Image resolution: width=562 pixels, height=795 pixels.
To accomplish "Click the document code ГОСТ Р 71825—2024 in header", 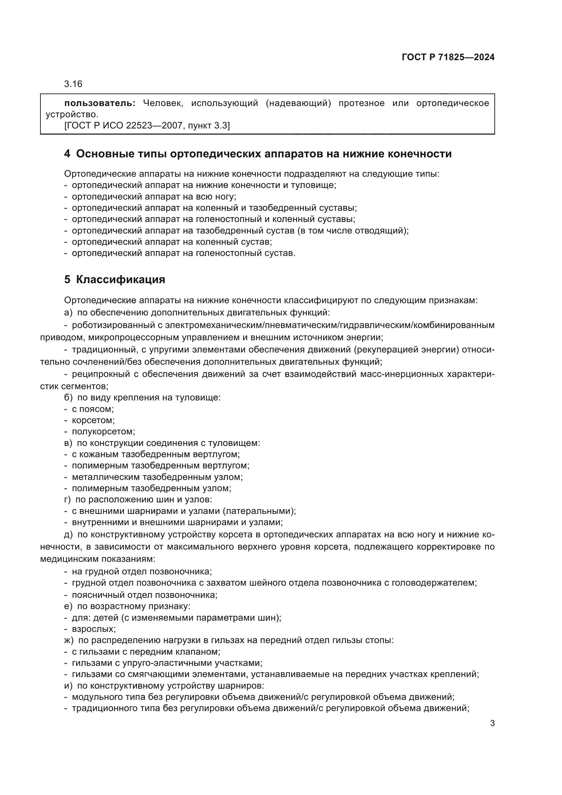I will [x=448, y=57].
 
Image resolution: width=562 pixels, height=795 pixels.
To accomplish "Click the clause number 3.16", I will [x=73, y=84].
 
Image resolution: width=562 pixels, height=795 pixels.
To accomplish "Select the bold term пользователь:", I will [x=100, y=103].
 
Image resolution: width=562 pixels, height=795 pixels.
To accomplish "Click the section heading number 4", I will [x=67, y=154].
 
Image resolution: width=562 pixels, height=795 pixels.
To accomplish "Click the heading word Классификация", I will [x=120, y=279].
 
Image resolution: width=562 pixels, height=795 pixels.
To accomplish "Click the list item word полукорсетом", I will [x=103, y=432].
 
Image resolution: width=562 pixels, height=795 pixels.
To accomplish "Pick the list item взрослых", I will [x=93, y=629].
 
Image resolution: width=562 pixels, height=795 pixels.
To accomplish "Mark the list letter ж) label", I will [x=69, y=640].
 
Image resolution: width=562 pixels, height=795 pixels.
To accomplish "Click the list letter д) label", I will [x=69, y=535].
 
